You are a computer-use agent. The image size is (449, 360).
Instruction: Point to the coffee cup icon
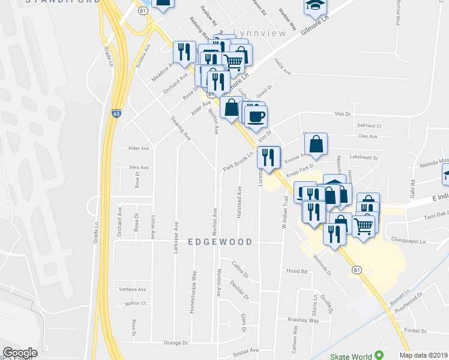256,115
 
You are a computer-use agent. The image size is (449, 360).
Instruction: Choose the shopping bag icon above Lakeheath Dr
316,143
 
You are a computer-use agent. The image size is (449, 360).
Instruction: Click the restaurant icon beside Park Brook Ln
268,157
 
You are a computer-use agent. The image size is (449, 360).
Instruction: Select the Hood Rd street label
297,271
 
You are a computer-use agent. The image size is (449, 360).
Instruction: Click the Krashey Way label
303,320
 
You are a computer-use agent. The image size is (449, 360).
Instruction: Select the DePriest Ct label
369,126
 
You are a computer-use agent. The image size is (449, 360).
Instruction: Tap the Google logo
20,353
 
